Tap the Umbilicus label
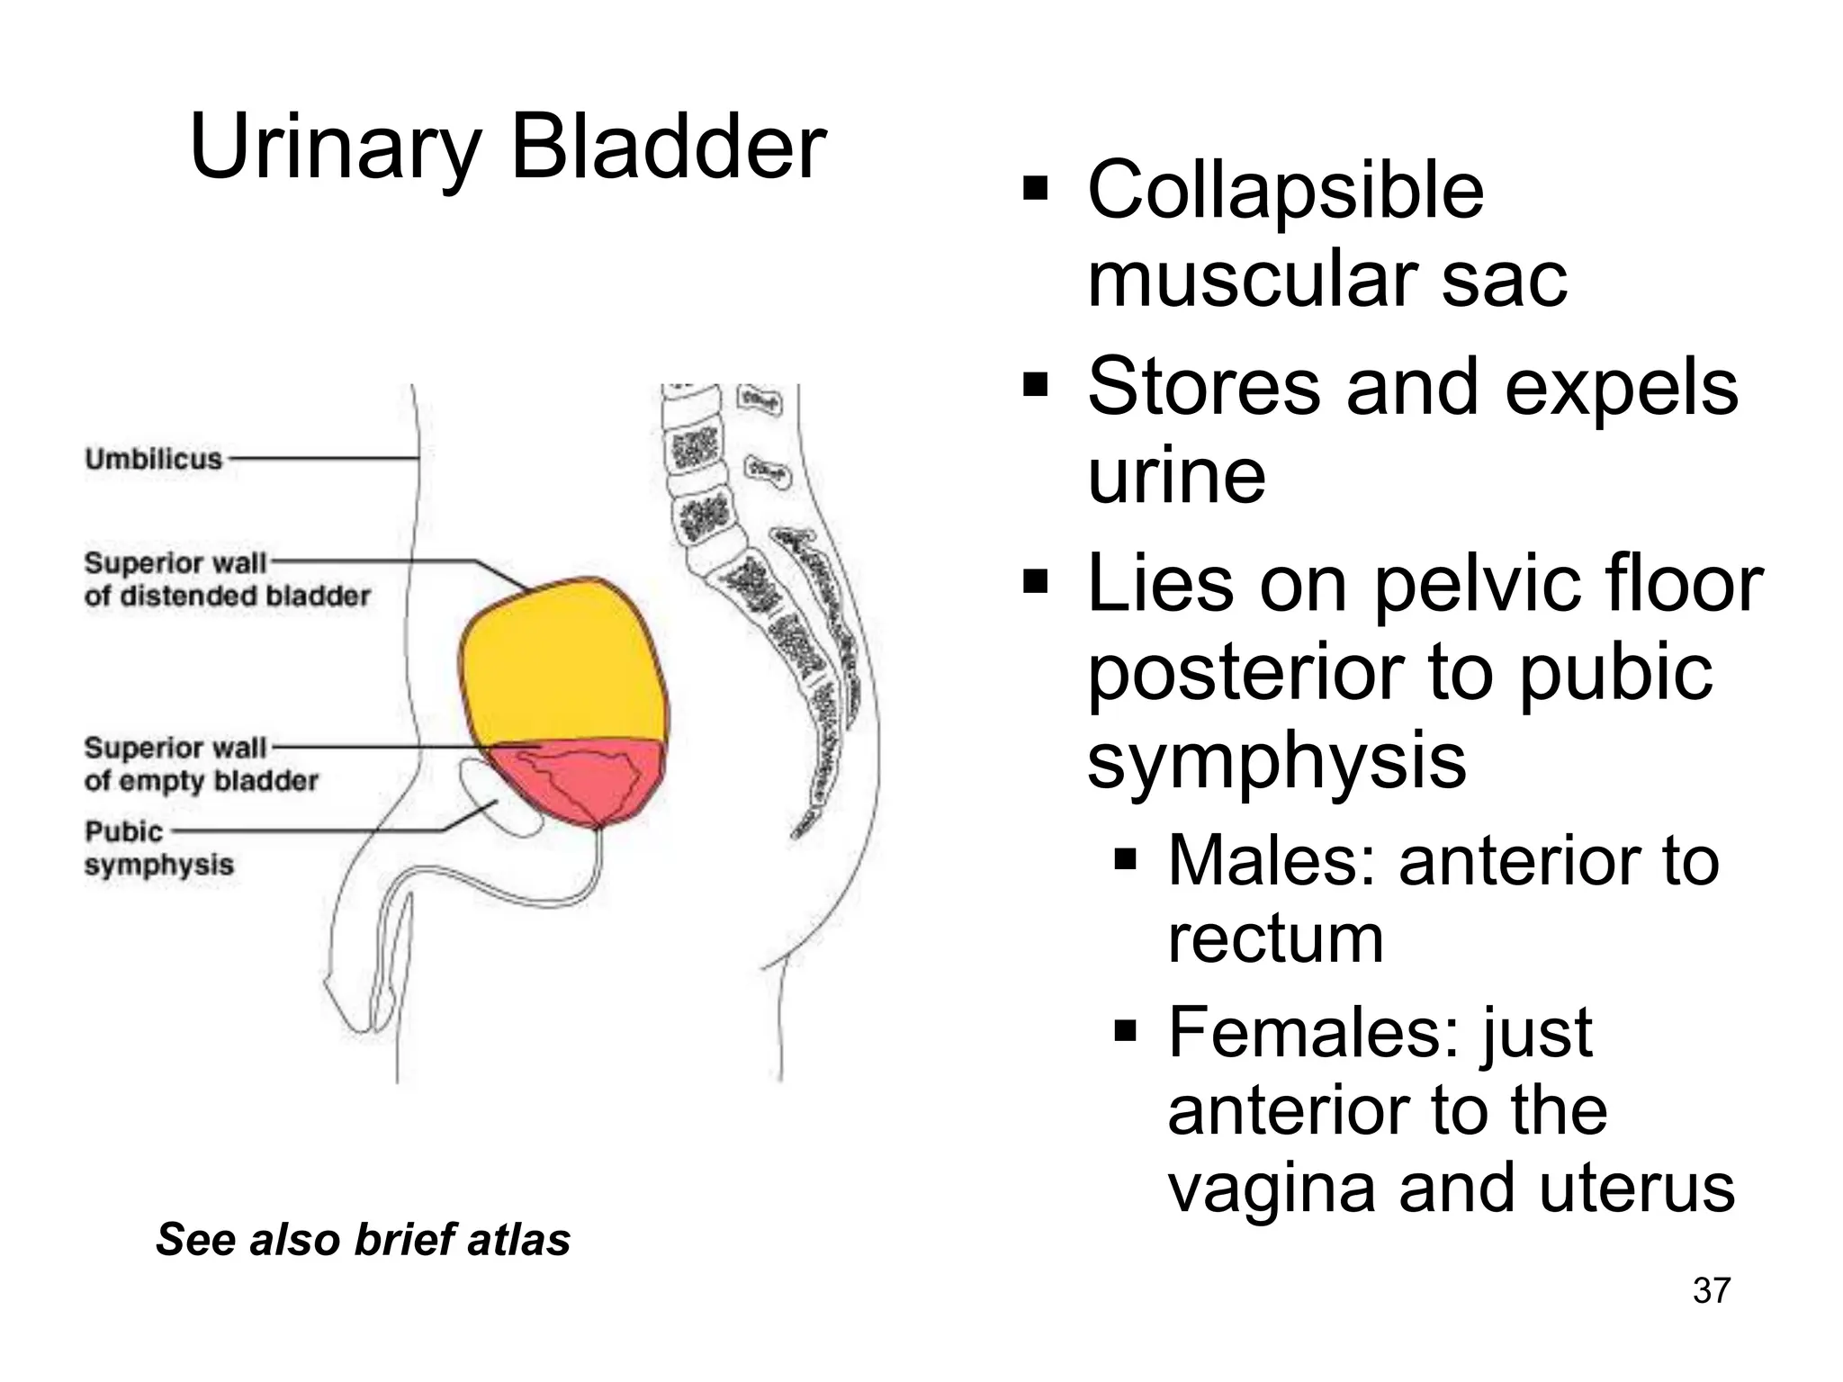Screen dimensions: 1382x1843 [x=153, y=459]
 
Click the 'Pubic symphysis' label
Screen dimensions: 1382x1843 [x=158, y=848]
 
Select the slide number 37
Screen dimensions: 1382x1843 [x=1711, y=1290]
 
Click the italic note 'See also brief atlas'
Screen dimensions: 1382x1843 [x=364, y=1239]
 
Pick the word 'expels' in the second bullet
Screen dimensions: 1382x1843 [x=1621, y=387]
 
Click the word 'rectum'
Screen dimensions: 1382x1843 [x=1275, y=939]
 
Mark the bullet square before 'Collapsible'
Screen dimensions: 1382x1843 [x=1036, y=191]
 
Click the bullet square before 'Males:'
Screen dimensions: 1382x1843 [x=1126, y=861]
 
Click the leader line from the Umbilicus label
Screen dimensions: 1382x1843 [x=324, y=458]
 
